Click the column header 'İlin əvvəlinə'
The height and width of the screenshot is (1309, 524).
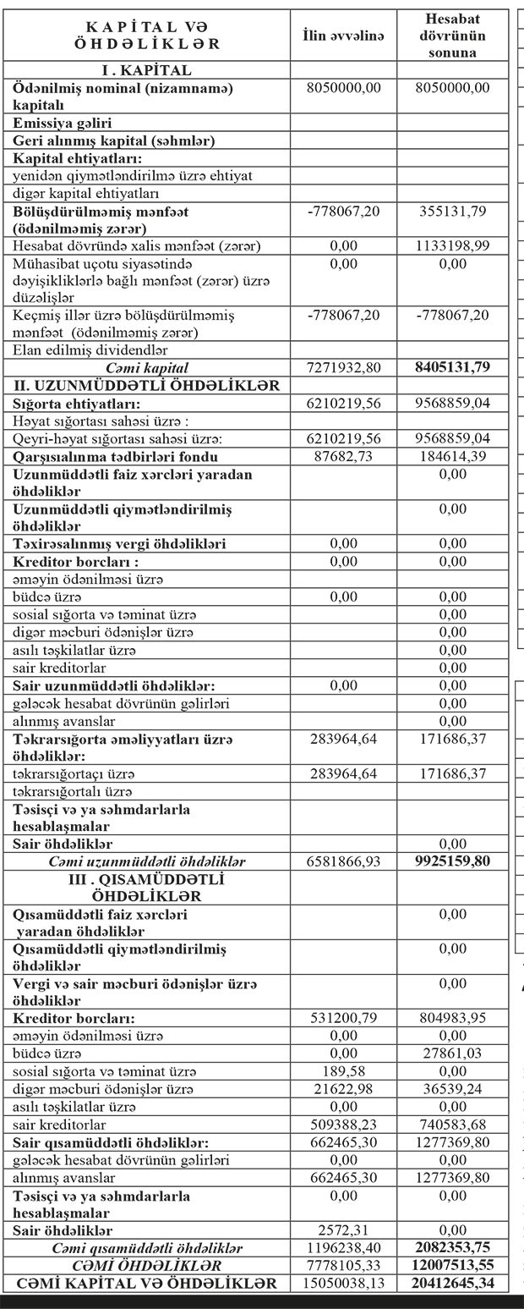pos(343,36)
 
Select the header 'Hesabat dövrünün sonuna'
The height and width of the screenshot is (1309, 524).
pos(452,36)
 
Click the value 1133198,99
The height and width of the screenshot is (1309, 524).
pos(452,246)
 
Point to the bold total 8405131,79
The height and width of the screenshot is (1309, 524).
pos(452,368)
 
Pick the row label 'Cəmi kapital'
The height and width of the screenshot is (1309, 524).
pos(147,368)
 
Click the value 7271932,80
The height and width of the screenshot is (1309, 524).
pos(343,368)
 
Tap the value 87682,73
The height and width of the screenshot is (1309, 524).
pos(343,457)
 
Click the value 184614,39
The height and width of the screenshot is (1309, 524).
pos(452,457)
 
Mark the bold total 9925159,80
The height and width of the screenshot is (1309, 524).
pos(452,861)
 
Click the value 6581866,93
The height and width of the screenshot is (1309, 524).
pos(343,861)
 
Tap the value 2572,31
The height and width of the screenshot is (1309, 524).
pos(343,1229)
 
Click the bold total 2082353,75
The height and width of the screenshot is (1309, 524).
pos(452,1248)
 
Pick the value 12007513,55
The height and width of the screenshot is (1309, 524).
pos(452,1266)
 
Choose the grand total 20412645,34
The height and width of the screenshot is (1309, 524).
pos(452,1284)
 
